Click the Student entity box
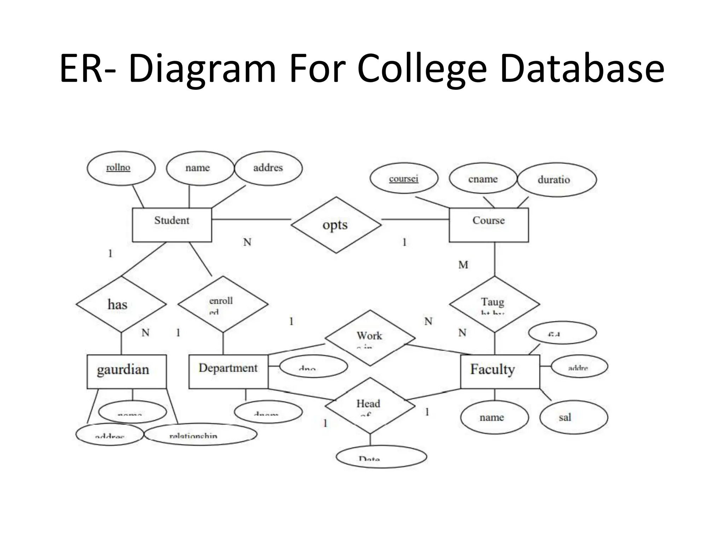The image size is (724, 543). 172,225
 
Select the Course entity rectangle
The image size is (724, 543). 489,225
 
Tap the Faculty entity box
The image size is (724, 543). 500,372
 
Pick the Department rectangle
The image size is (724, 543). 228,372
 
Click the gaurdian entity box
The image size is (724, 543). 127,372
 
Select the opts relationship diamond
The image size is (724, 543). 336,225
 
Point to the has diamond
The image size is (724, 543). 121,304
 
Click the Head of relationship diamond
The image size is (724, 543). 370,405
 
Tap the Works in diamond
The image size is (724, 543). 370,338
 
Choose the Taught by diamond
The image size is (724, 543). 494,304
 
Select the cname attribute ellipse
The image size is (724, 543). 483,179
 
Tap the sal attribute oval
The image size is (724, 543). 573,417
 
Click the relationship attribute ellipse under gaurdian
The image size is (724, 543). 200,434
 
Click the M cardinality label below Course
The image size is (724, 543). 463,265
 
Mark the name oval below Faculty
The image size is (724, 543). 494,417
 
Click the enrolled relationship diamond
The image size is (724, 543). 223,304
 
